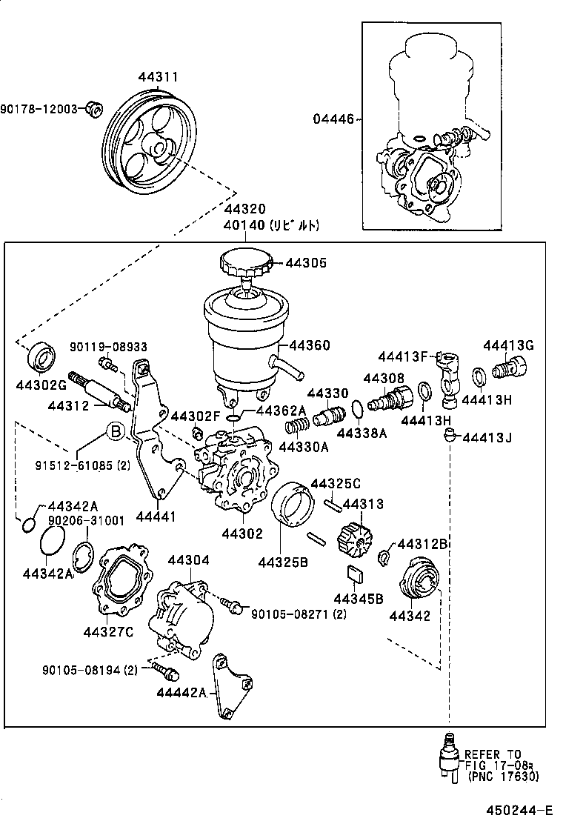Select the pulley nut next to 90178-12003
[93, 109]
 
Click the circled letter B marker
[115, 431]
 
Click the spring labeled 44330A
[296, 428]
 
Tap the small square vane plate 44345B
[355, 573]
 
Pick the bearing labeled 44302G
[44, 357]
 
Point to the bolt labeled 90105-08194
[165, 672]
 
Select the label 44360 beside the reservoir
[310, 345]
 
